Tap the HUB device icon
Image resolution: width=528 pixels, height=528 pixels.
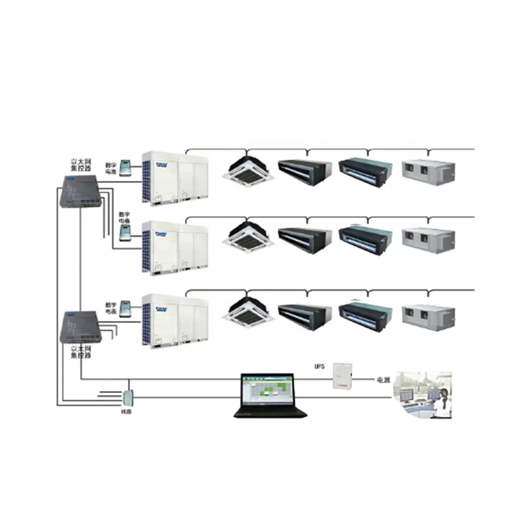click(128, 397)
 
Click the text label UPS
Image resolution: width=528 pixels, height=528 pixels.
click(318, 367)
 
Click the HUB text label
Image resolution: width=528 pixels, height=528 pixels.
click(127, 412)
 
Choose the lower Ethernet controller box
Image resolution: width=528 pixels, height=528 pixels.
click(80, 326)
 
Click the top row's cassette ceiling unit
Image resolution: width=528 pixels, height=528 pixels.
click(248, 170)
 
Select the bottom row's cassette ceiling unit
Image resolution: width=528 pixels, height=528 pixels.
click(248, 313)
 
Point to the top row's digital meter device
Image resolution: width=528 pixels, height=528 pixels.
click(127, 168)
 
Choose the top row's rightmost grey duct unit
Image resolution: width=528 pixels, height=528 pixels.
click(428, 169)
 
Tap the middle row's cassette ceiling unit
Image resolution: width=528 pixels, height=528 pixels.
click(248, 237)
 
